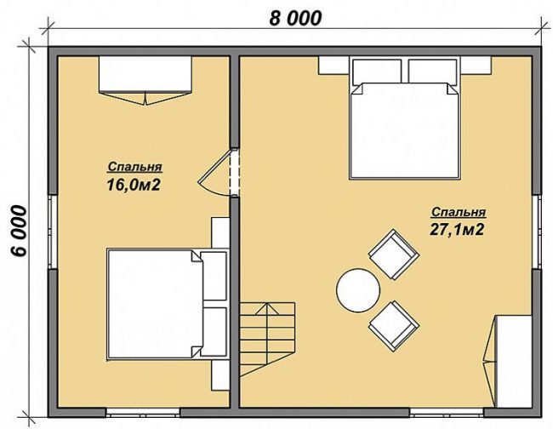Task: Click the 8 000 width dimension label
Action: click(x=295, y=19)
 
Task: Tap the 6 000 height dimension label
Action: click(x=19, y=231)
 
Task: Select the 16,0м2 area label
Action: click(x=134, y=185)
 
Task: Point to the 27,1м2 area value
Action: click(x=456, y=230)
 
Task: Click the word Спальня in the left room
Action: click(x=134, y=167)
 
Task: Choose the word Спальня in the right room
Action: click(x=459, y=212)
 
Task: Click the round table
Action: click(x=358, y=290)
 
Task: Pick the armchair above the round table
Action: click(x=394, y=254)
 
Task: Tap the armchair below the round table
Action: click(x=394, y=326)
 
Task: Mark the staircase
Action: click(x=267, y=340)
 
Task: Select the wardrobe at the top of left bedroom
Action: click(x=145, y=80)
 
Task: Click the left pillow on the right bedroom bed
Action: click(x=377, y=71)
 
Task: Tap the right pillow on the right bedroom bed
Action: click(x=432, y=71)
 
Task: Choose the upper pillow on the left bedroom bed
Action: click(x=213, y=276)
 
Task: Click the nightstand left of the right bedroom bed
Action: click(x=334, y=65)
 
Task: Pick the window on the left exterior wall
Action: click(x=53, y=232)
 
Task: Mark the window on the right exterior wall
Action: click(x=537, y=232)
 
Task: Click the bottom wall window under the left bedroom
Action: click(x=143, y=413)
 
